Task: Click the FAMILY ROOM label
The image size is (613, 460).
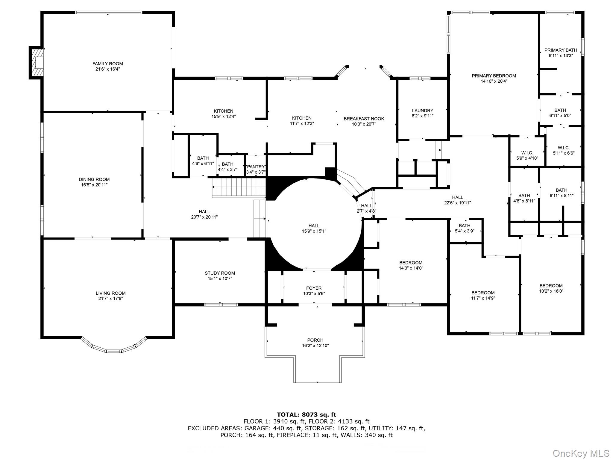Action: (x=107, y=63)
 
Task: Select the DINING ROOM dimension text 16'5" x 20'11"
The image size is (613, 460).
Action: (x=94, y=185)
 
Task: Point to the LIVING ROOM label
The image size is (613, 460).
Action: (x=110, y=293)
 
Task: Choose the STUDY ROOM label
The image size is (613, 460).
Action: (x=220, y=273)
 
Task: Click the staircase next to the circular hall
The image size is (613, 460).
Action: (x=239, y=187)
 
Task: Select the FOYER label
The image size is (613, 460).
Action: (x=314, y=288)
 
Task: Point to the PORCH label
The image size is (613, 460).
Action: (x=315, y=340)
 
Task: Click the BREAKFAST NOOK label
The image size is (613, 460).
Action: (x=364, y=119)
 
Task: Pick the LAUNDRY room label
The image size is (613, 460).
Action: (x=422, y=111)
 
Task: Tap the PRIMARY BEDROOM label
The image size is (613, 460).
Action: (x=494, y=76)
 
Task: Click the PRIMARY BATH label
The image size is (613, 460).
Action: (x=561, y=50)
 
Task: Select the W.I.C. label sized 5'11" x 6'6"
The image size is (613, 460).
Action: (x=564, y=148)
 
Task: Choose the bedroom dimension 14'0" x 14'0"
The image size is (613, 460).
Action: (x=411, y=268)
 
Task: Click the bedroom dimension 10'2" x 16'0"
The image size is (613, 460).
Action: (x=551, y=291)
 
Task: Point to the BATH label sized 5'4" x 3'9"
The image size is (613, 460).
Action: (x=464, y=226)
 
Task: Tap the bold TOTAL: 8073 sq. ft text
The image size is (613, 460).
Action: (x=306, y=415)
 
